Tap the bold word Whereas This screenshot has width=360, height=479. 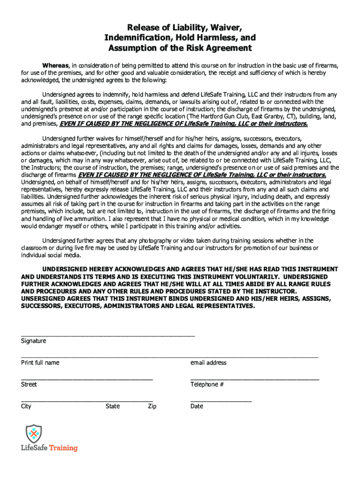coord(56,65)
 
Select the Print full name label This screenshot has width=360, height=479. coord(40,363)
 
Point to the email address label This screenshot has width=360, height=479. coord(208,363)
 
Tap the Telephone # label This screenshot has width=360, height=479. coord(207,385)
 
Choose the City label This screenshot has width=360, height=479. coord(26,406)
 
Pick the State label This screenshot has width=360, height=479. coord(113,406)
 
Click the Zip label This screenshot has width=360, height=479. coord(152,406)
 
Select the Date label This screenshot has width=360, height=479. coord(197,406)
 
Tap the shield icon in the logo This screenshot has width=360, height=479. coord(34,434)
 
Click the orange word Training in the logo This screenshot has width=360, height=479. coord(64,448)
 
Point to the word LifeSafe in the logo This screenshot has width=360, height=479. coord(34,448)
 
